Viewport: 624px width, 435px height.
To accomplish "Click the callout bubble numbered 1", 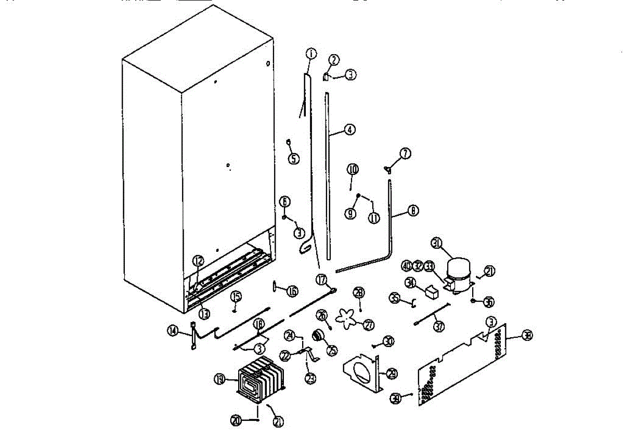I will point(310,53).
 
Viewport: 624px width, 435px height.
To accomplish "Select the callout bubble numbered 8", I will point(413,211).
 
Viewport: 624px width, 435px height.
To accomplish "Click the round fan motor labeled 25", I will point(318,336).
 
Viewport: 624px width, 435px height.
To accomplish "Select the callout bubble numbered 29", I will point(392,373).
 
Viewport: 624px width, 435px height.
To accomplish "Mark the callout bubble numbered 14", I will point(173,330).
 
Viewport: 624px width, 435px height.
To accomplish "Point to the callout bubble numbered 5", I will point(294,159).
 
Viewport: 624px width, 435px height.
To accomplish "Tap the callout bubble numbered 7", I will point(405,153).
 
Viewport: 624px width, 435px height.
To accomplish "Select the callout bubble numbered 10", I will point(353,169).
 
